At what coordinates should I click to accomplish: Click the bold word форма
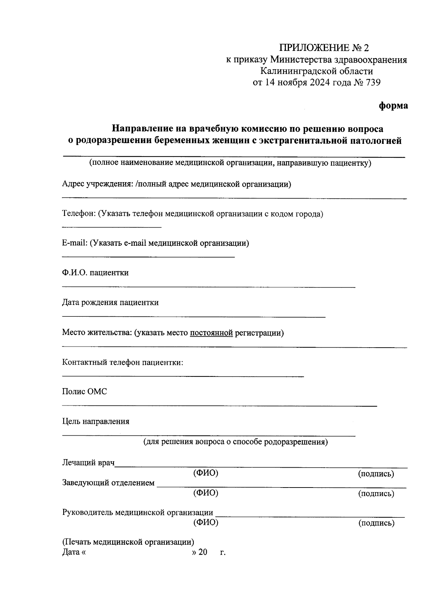[393, 106]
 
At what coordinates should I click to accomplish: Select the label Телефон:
[78, 214]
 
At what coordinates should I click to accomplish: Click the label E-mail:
[75, 243]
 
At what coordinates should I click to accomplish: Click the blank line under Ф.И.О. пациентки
[209, 287]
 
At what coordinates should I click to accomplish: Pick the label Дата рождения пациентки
[110, 303]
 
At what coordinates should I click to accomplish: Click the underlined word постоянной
[212, 333]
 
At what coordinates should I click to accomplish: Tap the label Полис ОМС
[84, 392]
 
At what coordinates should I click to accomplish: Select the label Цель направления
[95, 421]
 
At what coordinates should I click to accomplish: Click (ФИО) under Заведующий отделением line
[206, 493]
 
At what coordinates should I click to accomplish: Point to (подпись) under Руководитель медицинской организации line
[376, 523]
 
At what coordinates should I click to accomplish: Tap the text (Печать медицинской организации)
[128, 542]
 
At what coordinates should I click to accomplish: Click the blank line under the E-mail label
[148, 256]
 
